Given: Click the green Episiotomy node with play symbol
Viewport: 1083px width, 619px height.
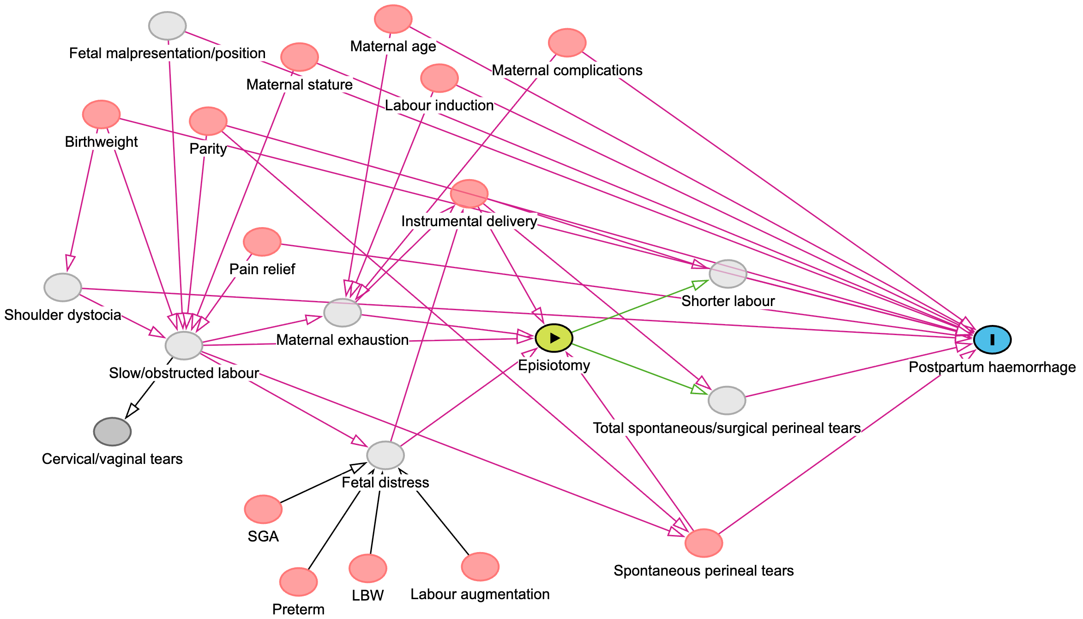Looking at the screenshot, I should (x=554, y=338).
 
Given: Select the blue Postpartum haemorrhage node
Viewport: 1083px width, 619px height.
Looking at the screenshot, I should (x=992, y=340).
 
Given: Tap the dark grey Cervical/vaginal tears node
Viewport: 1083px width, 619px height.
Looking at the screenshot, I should (x=112, y=432).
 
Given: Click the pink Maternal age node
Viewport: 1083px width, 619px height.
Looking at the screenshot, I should (x=393, y=19).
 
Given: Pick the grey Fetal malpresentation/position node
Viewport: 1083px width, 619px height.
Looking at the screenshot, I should (x=167, y=26).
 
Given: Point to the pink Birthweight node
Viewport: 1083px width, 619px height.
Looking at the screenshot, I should (x=101, y=114).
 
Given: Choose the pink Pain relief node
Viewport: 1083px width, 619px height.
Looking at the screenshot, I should (x=262, y=241).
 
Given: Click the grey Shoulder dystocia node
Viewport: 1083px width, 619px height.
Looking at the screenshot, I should (x=63, y=287).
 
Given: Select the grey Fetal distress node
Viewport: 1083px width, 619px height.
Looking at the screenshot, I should (x=385, y=455).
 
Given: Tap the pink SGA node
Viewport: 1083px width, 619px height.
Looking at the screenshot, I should (x=263, y=509).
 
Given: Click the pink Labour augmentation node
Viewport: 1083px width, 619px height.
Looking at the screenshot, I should (x=480, y=566).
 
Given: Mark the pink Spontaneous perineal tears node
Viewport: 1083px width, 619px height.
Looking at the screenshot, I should (x=704, y=543).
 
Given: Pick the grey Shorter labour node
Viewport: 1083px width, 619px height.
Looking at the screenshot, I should (x=728, y=274).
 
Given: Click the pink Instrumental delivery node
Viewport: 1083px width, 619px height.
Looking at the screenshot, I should (x=469, y=193).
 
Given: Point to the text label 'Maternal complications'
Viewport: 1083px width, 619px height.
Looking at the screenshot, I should (x=567, y=70).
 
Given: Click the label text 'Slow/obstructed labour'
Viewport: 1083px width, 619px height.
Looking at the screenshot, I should (x=184, y=373).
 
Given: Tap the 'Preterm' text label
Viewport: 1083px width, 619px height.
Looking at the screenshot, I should (x=298, y=609).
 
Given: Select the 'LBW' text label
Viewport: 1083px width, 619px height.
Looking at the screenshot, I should (x=367, y=595).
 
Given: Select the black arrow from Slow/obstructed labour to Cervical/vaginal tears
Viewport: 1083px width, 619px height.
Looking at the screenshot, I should (x=147, y=390).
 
